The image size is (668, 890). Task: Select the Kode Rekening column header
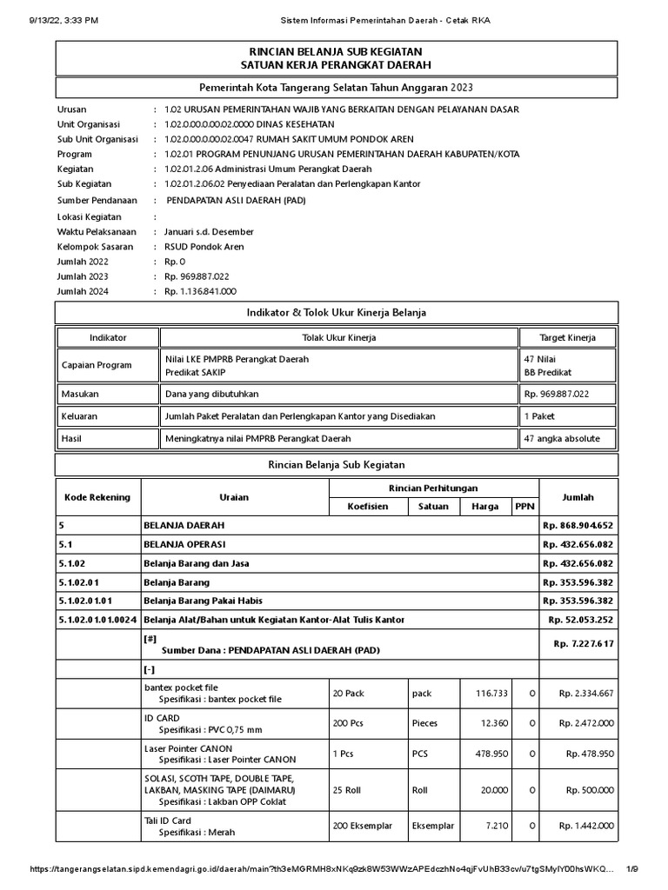[97, 497]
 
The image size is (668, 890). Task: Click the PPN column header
[524, 506]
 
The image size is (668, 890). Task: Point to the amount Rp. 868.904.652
[578, 526]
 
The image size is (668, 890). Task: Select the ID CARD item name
[162, 718]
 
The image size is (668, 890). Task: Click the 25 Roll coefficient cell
[348, 789]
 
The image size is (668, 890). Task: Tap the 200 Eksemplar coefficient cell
[359, 826]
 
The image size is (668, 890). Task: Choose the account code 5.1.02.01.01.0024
[97, 619]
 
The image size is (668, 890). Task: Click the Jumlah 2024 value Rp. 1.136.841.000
[200, 292]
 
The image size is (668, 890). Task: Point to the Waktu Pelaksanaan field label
[96, 232]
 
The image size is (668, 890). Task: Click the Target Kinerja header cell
[568, 337]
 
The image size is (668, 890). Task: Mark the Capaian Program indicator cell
[96, 365]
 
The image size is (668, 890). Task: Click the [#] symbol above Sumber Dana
[150, 637]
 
